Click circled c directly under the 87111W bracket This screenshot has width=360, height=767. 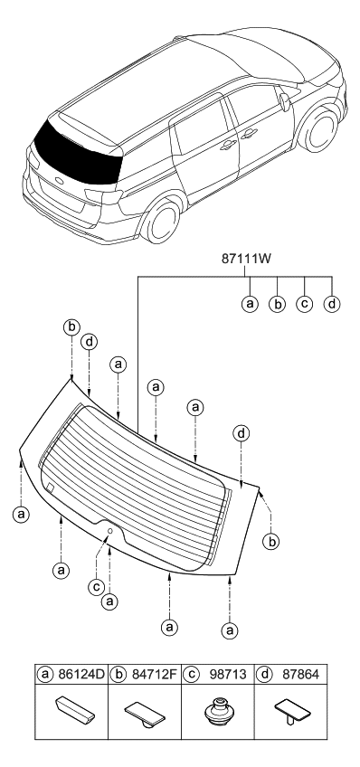click(305, 303)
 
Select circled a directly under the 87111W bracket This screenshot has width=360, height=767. click(249, 303)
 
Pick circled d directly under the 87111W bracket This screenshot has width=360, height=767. click(333, 303)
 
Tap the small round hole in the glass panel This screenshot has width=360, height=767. click(110, 530)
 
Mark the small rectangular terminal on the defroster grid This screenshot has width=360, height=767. click(50, 488)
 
